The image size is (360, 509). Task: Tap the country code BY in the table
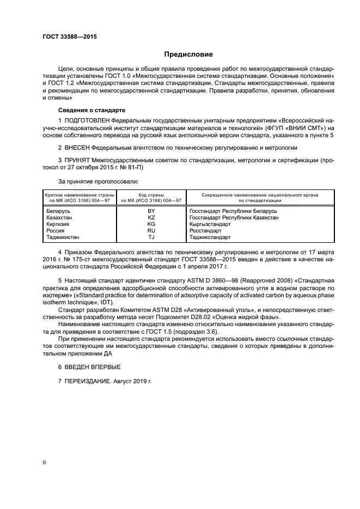(151, 211)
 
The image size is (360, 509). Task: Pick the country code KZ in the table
(151, 217)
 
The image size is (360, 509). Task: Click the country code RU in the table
(151, 231)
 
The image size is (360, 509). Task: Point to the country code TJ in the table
(151, 237)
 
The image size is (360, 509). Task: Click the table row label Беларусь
(58, 211)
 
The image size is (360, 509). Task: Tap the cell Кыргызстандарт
(210, 224)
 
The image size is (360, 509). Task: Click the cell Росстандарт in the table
(205, 231)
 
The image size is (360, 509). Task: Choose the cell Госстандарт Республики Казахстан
(234, 217)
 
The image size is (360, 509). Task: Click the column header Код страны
(151, 194)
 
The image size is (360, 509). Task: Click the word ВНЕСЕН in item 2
(76, 147)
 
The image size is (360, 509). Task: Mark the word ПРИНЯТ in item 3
(76, 161)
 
